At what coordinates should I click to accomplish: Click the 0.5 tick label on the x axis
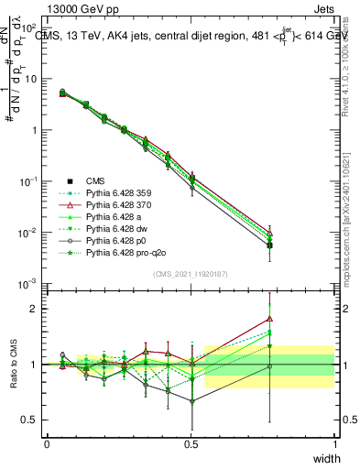pyautogui.click(x=191, y=443)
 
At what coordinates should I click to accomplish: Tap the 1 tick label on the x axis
pyautogui.click(x=334, y=443)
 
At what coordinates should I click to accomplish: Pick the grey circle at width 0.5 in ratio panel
pyautogui.click(x=191, y=401)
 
